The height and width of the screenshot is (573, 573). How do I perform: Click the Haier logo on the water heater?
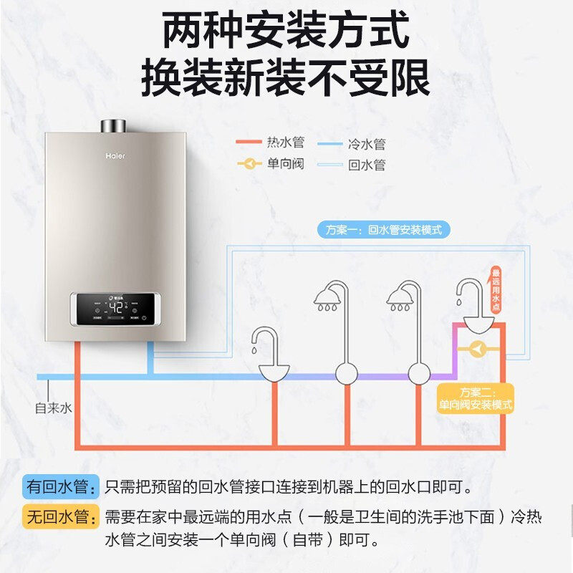tap(115, 153)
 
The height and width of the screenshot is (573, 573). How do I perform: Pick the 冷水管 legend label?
tap(367, 144)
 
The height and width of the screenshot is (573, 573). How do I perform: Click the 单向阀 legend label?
tap(285, 163)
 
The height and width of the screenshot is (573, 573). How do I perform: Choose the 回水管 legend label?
tap(367, 165)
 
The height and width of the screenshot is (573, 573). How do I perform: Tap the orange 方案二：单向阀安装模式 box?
tap(476, 398)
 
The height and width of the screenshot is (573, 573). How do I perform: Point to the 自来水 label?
tap(54, 408)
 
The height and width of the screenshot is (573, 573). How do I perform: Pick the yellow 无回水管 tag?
tap(59, 516)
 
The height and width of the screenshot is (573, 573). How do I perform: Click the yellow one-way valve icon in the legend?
tap(249, 164)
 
